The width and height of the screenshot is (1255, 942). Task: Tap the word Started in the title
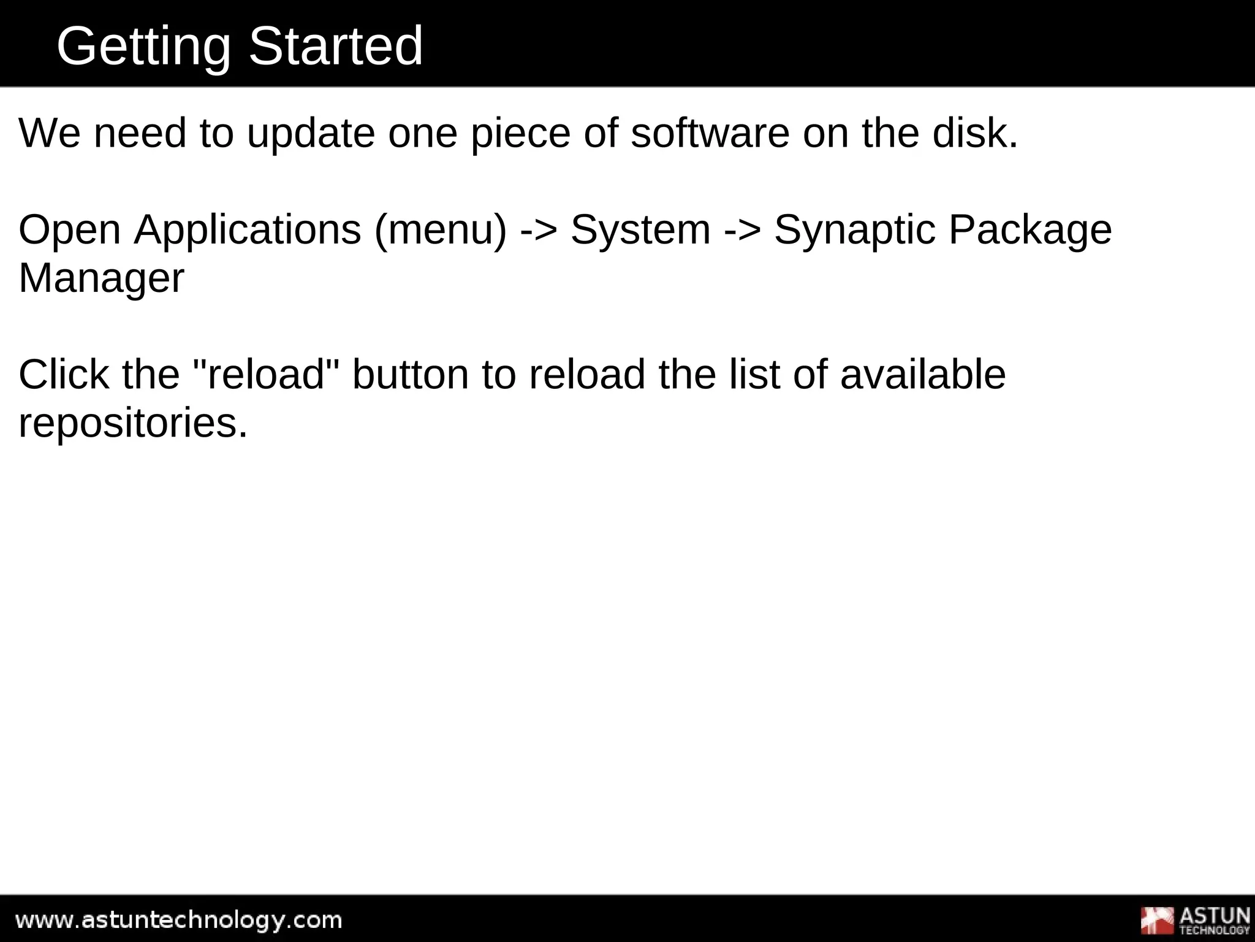click(335, 47)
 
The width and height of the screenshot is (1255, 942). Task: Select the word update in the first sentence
click(311, 133)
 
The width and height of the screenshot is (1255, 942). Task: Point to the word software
click(710, 133)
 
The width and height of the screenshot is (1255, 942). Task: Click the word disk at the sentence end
click(974, 133)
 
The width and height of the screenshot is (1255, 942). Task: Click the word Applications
click(248, 230)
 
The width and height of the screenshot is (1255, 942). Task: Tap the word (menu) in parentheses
click(441, 230)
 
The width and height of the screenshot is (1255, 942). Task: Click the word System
click(640, 230)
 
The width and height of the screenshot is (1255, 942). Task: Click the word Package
click(1030, 230)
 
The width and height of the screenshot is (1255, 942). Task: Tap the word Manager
click(101, 278)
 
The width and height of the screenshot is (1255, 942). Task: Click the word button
click(410, 375)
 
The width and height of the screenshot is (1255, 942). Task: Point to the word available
click(922, 375)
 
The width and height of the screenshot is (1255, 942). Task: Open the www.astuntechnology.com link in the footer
click(178, 920)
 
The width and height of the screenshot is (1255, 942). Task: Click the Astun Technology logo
click(1194, 920)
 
